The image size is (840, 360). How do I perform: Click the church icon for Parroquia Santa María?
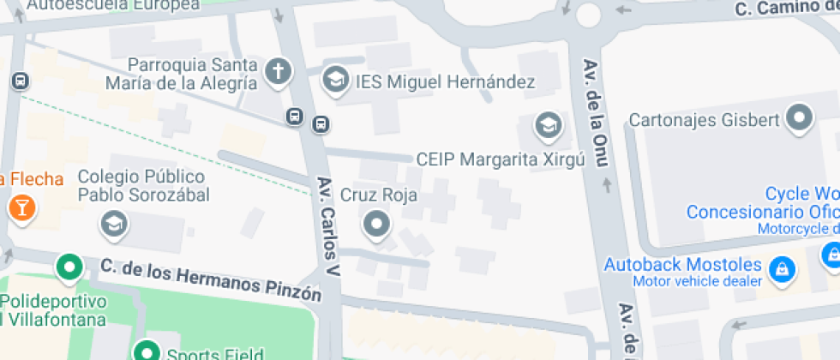278,72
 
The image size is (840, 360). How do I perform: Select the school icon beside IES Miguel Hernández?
334,81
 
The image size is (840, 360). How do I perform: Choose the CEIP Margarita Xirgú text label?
500,159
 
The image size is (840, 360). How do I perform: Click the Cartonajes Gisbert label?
705,119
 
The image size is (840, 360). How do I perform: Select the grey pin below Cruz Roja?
376,225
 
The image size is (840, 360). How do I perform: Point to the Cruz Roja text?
379,195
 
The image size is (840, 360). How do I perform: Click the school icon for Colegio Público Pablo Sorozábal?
112,225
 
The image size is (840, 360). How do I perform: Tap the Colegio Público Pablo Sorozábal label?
143,186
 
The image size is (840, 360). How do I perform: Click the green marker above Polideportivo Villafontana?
69,267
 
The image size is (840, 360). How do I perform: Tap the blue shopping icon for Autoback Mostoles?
781,269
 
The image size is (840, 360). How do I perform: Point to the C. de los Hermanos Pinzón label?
210,282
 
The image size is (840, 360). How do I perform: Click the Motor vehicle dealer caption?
697,281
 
